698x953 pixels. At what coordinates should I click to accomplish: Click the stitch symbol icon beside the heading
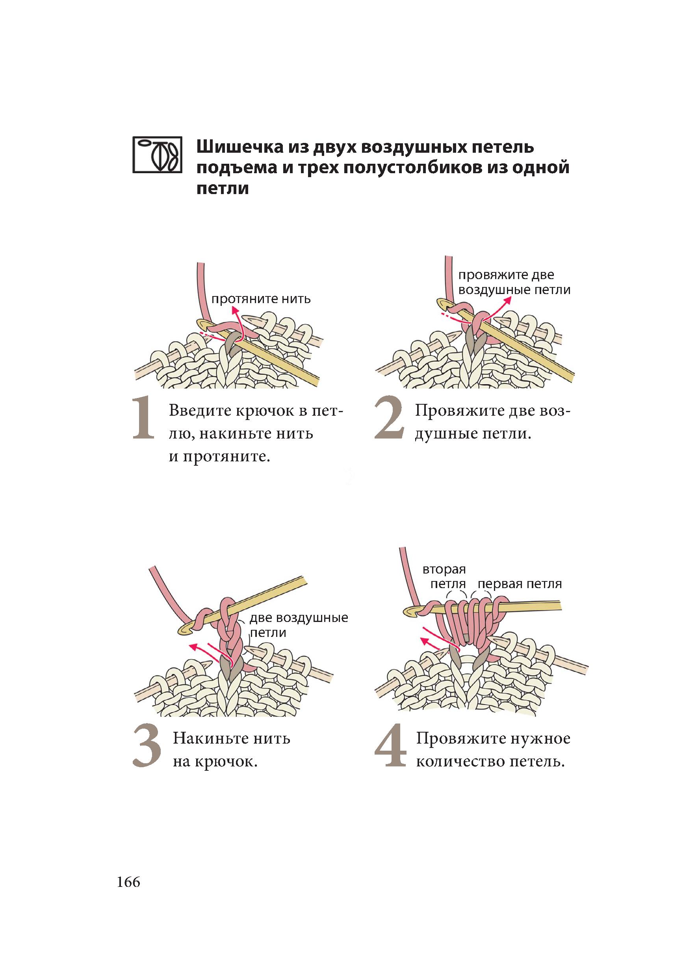click(157, 155)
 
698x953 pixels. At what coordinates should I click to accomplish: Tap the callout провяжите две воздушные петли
click(514, 283)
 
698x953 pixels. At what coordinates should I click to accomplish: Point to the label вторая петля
click(444, 577)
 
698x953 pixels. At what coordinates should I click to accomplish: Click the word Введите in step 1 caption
click(199, 411)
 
